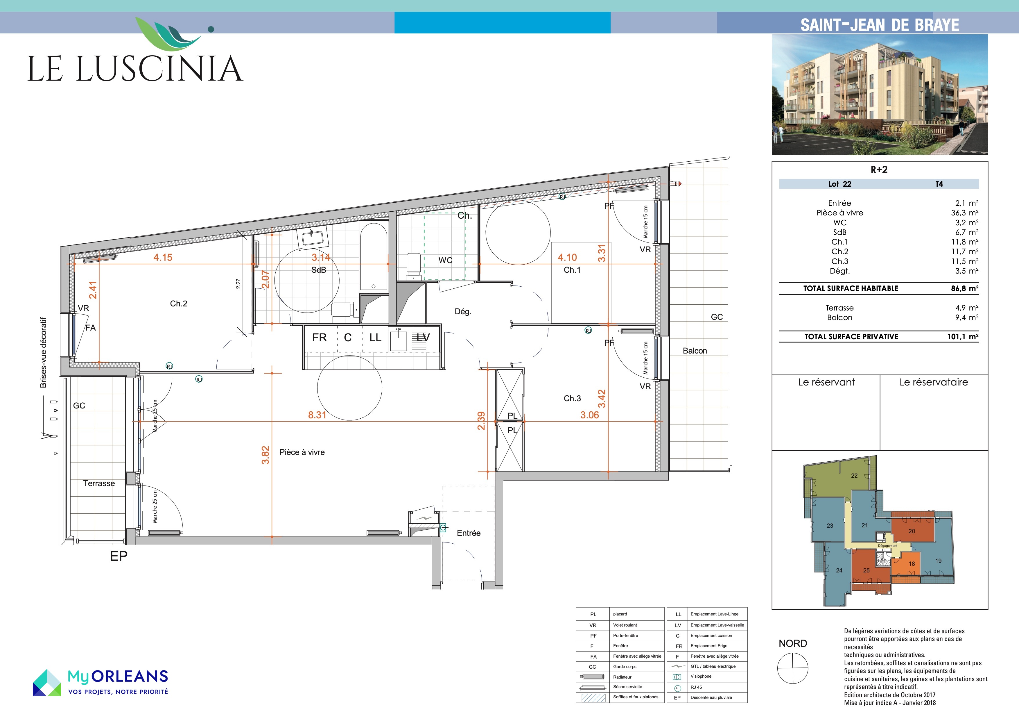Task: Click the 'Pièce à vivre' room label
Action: pyautogui.click(x=302, y=452)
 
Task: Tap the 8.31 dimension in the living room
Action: pyautogui.click(x=317, y=415)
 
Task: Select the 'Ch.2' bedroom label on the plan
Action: pyautogui.click(x=178, y=304)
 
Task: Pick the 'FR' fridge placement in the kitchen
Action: pyautogui.click(x=320, y=338)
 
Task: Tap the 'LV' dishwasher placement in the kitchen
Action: pyautogui.click(x=423, y=338)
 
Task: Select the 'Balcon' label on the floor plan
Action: pyautogui.click(x=695, y=351)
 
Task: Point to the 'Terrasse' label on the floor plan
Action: pyautogui.click(x=99, y=483)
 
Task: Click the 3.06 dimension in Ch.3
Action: pyautogui.click(x=589, y=415)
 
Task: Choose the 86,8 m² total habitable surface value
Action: pyautogui.click(x=964, y=288)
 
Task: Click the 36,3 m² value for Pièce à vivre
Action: pyautogui.click(x=964, y=213)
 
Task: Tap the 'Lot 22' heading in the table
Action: pyautogui.click(x=840, y=184)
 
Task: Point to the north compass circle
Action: pyautogui.click(x=793, y=668)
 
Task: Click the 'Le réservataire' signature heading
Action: pyautogui.click(x=934, y=382)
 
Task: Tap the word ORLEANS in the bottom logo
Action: pyautogui.click(x=130, y=676)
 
